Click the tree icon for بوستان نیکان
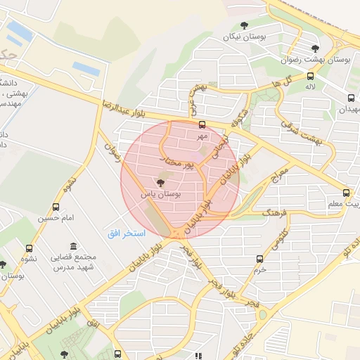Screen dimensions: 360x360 pyautogui.click(x=244, y=26)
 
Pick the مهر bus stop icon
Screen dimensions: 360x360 pyautogui.click(x=202, y=124)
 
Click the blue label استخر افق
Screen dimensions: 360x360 pyautogui.click(x=127, y=233)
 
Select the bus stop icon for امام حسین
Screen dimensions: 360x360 pyautogui.click(x=56, y=207)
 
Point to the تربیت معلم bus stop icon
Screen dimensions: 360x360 pyautogui.click(x=346, y=193)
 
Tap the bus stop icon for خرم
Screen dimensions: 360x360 pyautogui.click(x=259, y=259)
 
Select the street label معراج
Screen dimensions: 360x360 pyautogui.click(x=280, y=172)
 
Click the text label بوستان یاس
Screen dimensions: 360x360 pyautogui.click(x=162, y=193)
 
